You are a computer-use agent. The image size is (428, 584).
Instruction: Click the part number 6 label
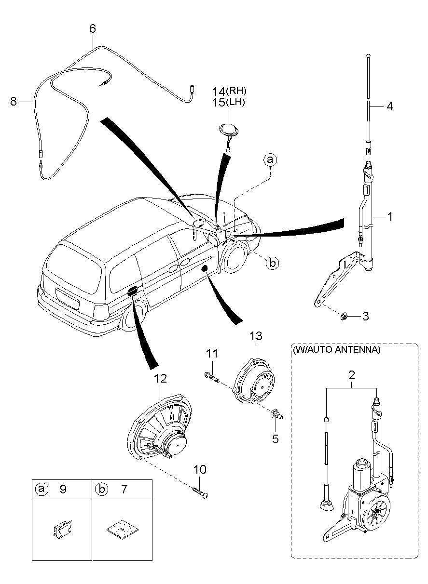coord(92,29)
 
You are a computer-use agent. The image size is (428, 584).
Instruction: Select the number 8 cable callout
coord(14,101)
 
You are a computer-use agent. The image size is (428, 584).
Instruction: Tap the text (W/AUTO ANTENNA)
coord(336,350)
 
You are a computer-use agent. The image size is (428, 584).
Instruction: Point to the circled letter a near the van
coord(270,160)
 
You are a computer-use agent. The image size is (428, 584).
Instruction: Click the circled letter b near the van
coord(272,263)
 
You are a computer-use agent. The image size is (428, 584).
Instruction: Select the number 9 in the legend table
coord(63,490)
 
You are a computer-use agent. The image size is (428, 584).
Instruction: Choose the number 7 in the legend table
coord(124,490)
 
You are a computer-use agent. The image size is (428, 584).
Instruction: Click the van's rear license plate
coord(67,297)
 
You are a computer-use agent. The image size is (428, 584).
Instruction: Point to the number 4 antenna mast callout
coord(389,106)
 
